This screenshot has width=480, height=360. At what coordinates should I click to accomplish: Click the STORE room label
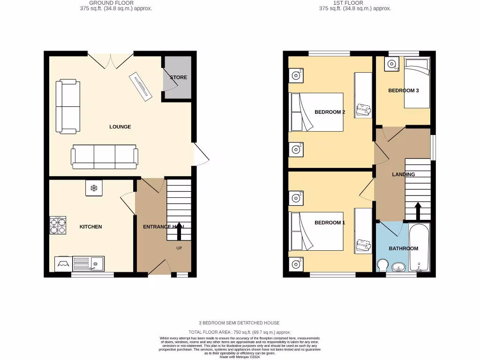coord(178,77)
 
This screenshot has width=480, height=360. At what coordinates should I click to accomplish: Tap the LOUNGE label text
coord(120,127)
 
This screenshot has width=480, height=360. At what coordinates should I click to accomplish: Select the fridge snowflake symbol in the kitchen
coord(93,188)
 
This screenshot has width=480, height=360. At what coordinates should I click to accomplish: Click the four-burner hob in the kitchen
coord(58,225)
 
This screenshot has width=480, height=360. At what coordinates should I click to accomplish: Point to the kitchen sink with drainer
coord(88,264)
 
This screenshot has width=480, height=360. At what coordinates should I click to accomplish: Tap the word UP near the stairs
coord(179,248)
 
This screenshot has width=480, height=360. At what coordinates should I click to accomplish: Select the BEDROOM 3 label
coord(403,90)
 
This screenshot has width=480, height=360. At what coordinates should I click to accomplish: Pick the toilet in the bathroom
coord(382,266)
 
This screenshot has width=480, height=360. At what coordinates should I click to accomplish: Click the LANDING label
coord(403,174)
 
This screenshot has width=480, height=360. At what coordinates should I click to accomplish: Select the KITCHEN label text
coord(90,227)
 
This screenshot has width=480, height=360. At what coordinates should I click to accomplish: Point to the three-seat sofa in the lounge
coord(104,157)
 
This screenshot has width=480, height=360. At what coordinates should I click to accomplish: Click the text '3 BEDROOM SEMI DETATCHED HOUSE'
coord(240,323)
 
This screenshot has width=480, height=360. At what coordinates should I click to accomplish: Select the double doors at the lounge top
coord(111,60)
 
